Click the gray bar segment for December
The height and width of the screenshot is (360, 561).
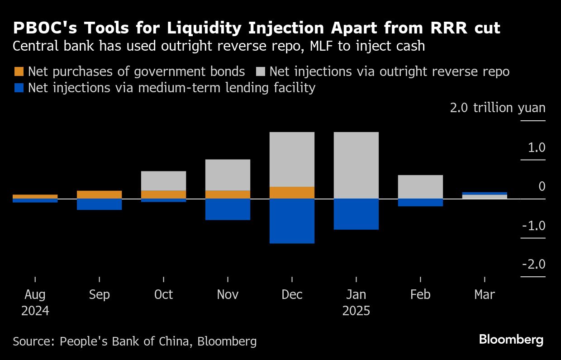292,159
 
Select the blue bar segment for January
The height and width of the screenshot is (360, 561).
356,214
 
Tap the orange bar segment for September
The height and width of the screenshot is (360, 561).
99,194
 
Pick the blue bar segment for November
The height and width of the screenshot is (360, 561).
228,209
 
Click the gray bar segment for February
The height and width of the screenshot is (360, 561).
420,187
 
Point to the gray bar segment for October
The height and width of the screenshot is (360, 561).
163,181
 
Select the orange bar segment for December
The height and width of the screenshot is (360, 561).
292,193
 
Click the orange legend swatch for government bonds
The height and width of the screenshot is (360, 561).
19,71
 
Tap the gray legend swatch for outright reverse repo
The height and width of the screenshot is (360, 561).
260,71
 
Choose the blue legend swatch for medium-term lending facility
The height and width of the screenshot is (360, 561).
19,87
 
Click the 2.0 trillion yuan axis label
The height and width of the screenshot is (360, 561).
497,108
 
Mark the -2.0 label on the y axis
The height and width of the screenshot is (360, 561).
533,265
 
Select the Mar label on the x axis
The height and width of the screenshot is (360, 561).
485,295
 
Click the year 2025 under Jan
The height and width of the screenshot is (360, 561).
356,311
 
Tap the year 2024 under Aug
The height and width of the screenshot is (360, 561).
35,311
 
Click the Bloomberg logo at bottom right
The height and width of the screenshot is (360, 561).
511,340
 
